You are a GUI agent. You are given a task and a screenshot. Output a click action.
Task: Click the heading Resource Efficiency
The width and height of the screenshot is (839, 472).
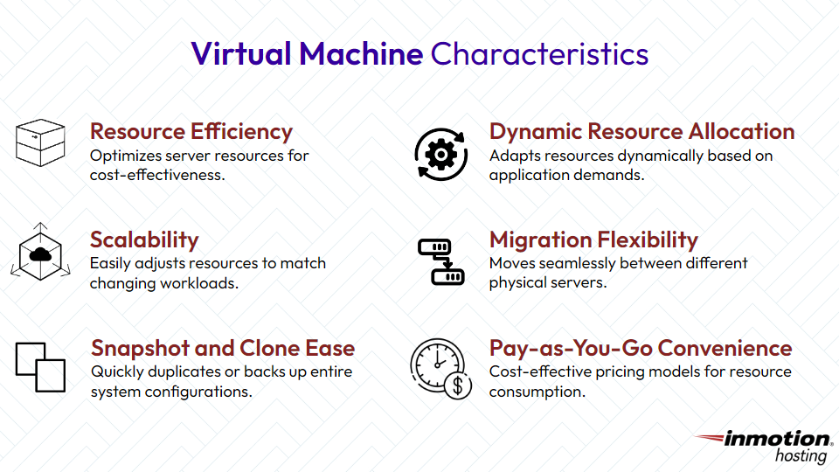[191, 132]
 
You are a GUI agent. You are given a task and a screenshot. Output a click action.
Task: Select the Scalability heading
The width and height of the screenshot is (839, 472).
[144, 240]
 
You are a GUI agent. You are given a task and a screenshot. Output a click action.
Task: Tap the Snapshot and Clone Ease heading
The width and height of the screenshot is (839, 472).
[223, 349]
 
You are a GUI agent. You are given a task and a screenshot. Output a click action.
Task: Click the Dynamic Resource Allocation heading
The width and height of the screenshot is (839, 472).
[641, 132]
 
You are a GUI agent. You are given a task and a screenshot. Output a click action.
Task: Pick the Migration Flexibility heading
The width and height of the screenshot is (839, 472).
[593, 240]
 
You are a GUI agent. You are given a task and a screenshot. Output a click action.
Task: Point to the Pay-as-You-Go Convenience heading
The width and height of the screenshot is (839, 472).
[641, 349]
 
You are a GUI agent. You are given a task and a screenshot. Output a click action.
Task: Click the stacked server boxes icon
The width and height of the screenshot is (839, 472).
[40, 143]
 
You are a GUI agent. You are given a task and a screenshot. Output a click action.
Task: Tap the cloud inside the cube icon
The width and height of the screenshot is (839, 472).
[40, 254]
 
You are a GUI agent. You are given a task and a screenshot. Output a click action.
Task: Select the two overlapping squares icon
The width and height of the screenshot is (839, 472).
[40, 366]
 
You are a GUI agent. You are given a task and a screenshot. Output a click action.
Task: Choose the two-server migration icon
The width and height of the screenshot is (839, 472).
[440, 261]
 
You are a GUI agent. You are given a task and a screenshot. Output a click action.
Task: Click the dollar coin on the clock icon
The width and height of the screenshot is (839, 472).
[458, 385]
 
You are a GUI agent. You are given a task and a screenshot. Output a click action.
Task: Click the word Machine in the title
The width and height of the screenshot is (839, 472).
[361, 54]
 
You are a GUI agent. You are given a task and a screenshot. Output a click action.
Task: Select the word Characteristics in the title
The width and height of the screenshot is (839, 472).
[539, 54]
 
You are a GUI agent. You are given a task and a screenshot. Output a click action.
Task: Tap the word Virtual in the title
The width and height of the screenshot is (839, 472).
[241, 54]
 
